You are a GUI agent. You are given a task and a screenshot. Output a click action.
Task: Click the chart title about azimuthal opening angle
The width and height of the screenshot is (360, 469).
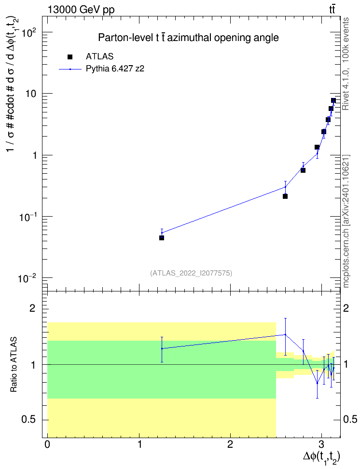(189, 38)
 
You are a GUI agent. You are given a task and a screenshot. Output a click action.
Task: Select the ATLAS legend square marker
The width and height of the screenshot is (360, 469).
(70, 56)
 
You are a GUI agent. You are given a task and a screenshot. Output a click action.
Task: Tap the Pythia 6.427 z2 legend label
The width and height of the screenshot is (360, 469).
(115, 69)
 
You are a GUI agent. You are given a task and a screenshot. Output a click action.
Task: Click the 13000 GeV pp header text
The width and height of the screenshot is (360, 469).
(81, 10)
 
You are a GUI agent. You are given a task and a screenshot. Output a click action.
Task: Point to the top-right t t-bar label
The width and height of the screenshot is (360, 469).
(332, 9)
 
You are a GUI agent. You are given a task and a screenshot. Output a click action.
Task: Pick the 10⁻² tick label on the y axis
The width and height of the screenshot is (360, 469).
(27, 278)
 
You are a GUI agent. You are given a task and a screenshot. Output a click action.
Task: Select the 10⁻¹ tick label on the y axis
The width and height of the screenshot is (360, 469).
(27, 217)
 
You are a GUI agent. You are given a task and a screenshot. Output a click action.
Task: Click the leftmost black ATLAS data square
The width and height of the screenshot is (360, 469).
(162, 238)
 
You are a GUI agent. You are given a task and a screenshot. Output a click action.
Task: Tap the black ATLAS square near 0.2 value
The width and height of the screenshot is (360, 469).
(285, 196)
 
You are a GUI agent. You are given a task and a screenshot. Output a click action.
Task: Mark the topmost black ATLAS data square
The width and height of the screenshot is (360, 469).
(333, 100)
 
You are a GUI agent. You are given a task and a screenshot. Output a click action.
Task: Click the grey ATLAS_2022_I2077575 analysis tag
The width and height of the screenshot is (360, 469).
(191, 273)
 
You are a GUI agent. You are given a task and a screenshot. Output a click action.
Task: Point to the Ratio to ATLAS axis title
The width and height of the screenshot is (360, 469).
(14, 365)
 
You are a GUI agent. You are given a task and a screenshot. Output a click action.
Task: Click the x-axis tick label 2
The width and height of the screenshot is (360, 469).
(230, 444)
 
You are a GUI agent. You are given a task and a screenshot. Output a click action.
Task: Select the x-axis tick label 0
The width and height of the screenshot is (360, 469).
(47, 444)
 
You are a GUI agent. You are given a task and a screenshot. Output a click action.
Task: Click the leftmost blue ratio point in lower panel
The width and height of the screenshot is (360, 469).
(162, 348)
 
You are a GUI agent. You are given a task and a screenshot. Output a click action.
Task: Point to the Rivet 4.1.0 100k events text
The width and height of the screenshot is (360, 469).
(346, 64)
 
